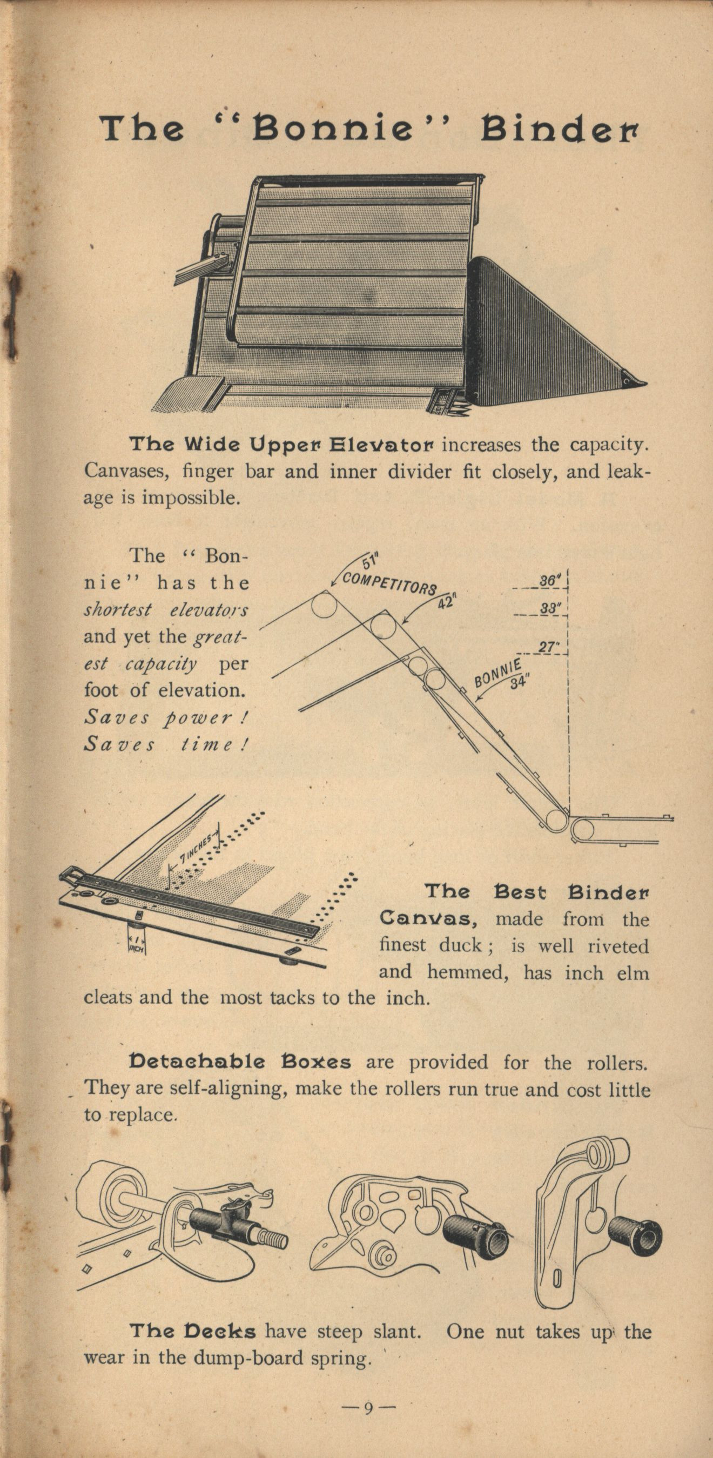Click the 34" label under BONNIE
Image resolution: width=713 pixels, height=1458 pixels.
click(x=518, y=683)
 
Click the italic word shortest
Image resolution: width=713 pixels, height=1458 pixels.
click(x=118, y=610)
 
